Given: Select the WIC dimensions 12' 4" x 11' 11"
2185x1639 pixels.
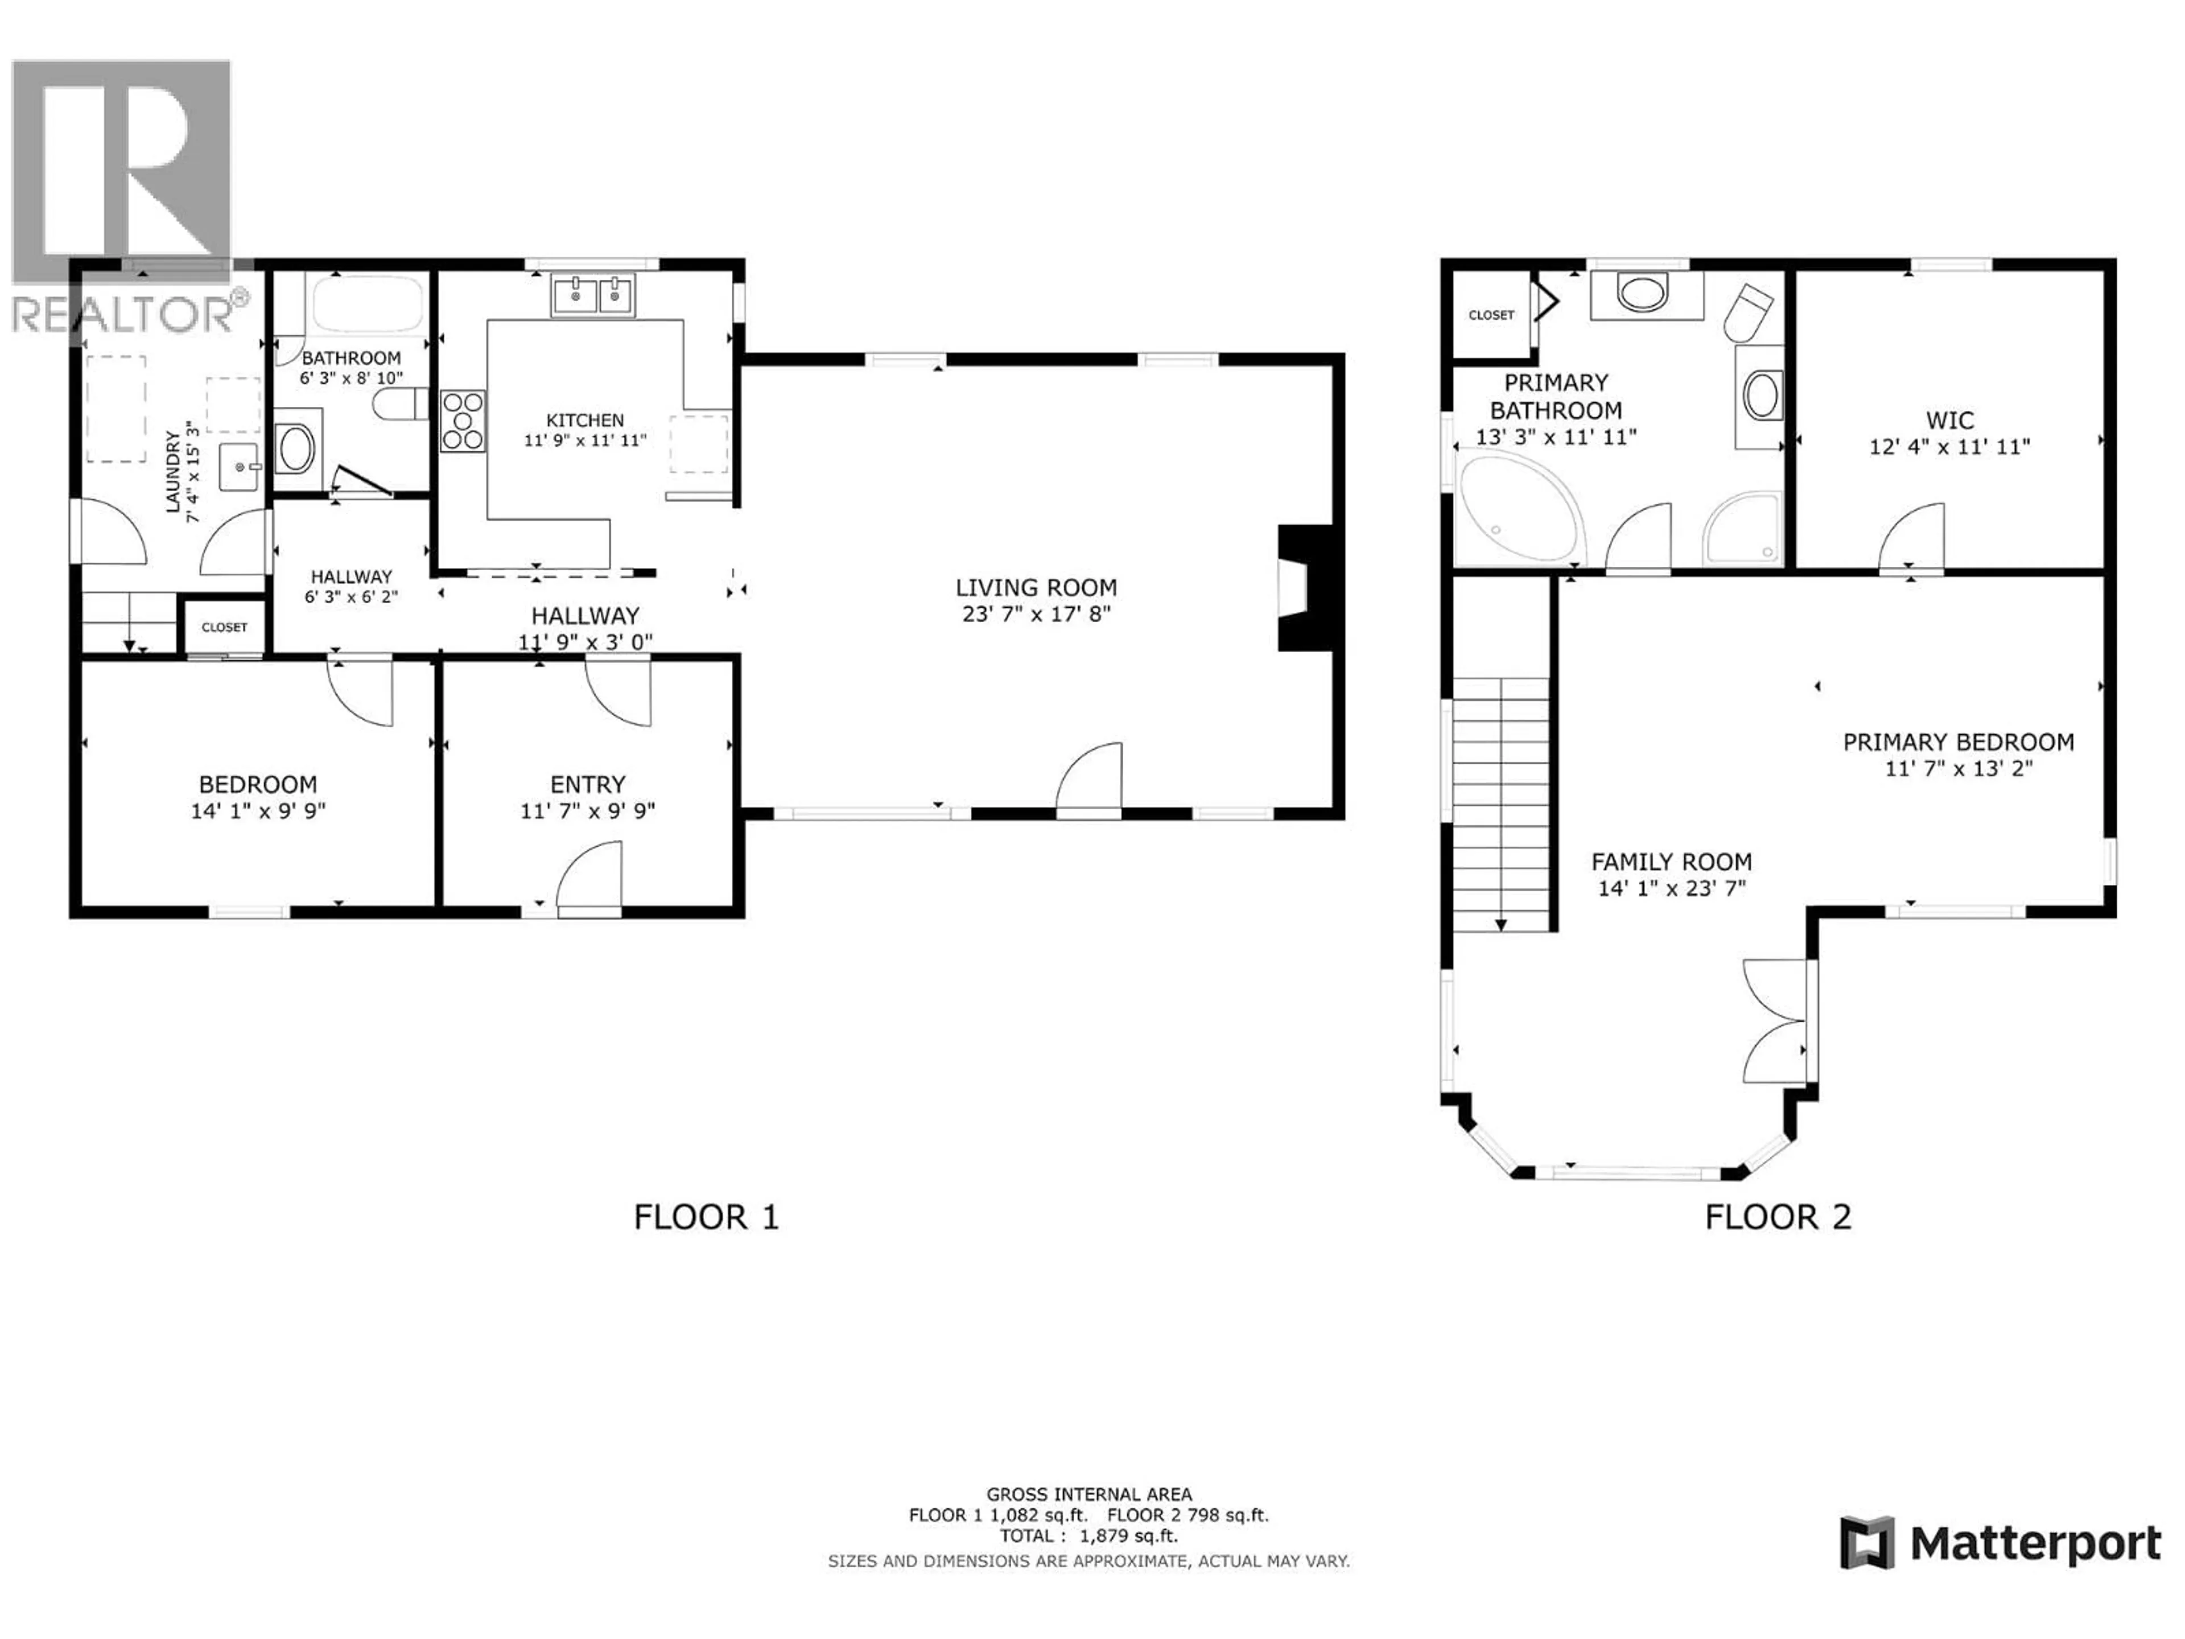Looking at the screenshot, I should [1949, 447].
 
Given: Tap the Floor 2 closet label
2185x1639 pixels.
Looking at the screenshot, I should [1491, 315].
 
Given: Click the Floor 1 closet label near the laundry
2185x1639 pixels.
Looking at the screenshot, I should [224, 627].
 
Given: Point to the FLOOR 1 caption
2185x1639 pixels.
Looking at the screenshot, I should [706, 1217].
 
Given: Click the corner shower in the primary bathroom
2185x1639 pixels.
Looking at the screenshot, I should [1743, 530].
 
